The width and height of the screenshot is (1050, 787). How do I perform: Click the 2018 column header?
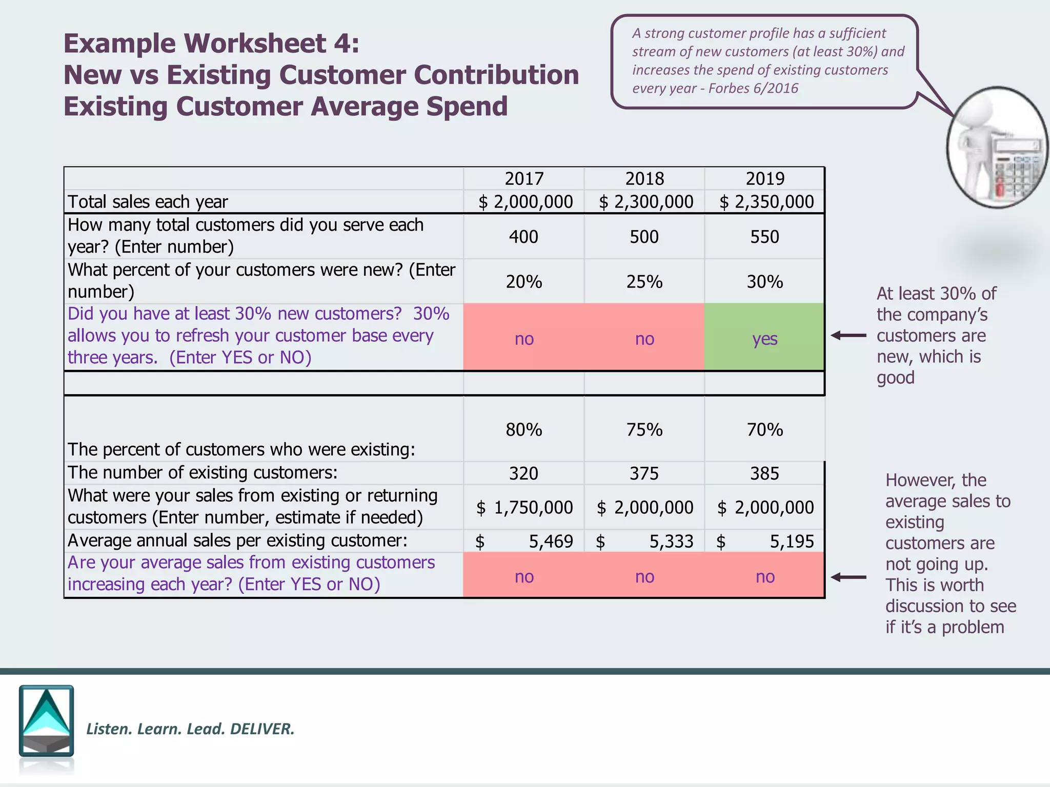[x=644, y=179]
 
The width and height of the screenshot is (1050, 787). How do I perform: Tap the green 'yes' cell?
[x=764, y=338]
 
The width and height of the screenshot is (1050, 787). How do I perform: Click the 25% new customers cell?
[x=644, y=282]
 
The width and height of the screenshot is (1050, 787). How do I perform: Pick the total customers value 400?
[x=523, y=237]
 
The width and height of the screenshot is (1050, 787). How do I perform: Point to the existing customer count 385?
[x=764, y=473]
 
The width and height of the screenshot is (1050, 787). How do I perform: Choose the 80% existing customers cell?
[x=523, y=429]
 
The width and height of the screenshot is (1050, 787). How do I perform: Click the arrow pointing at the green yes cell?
[x=848, y=336]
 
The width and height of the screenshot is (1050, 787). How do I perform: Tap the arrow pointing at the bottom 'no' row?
[x=848, y=577]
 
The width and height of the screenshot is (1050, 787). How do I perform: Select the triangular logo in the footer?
[x=46, y=720]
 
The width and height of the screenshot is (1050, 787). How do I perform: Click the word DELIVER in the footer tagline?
[x=262, y=729]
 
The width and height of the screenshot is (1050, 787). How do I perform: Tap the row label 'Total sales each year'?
[x=148, y=202]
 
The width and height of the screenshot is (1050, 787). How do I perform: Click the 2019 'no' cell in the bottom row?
[x=764, y=577]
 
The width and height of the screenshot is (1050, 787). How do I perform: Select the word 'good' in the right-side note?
[x=895, y=378]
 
